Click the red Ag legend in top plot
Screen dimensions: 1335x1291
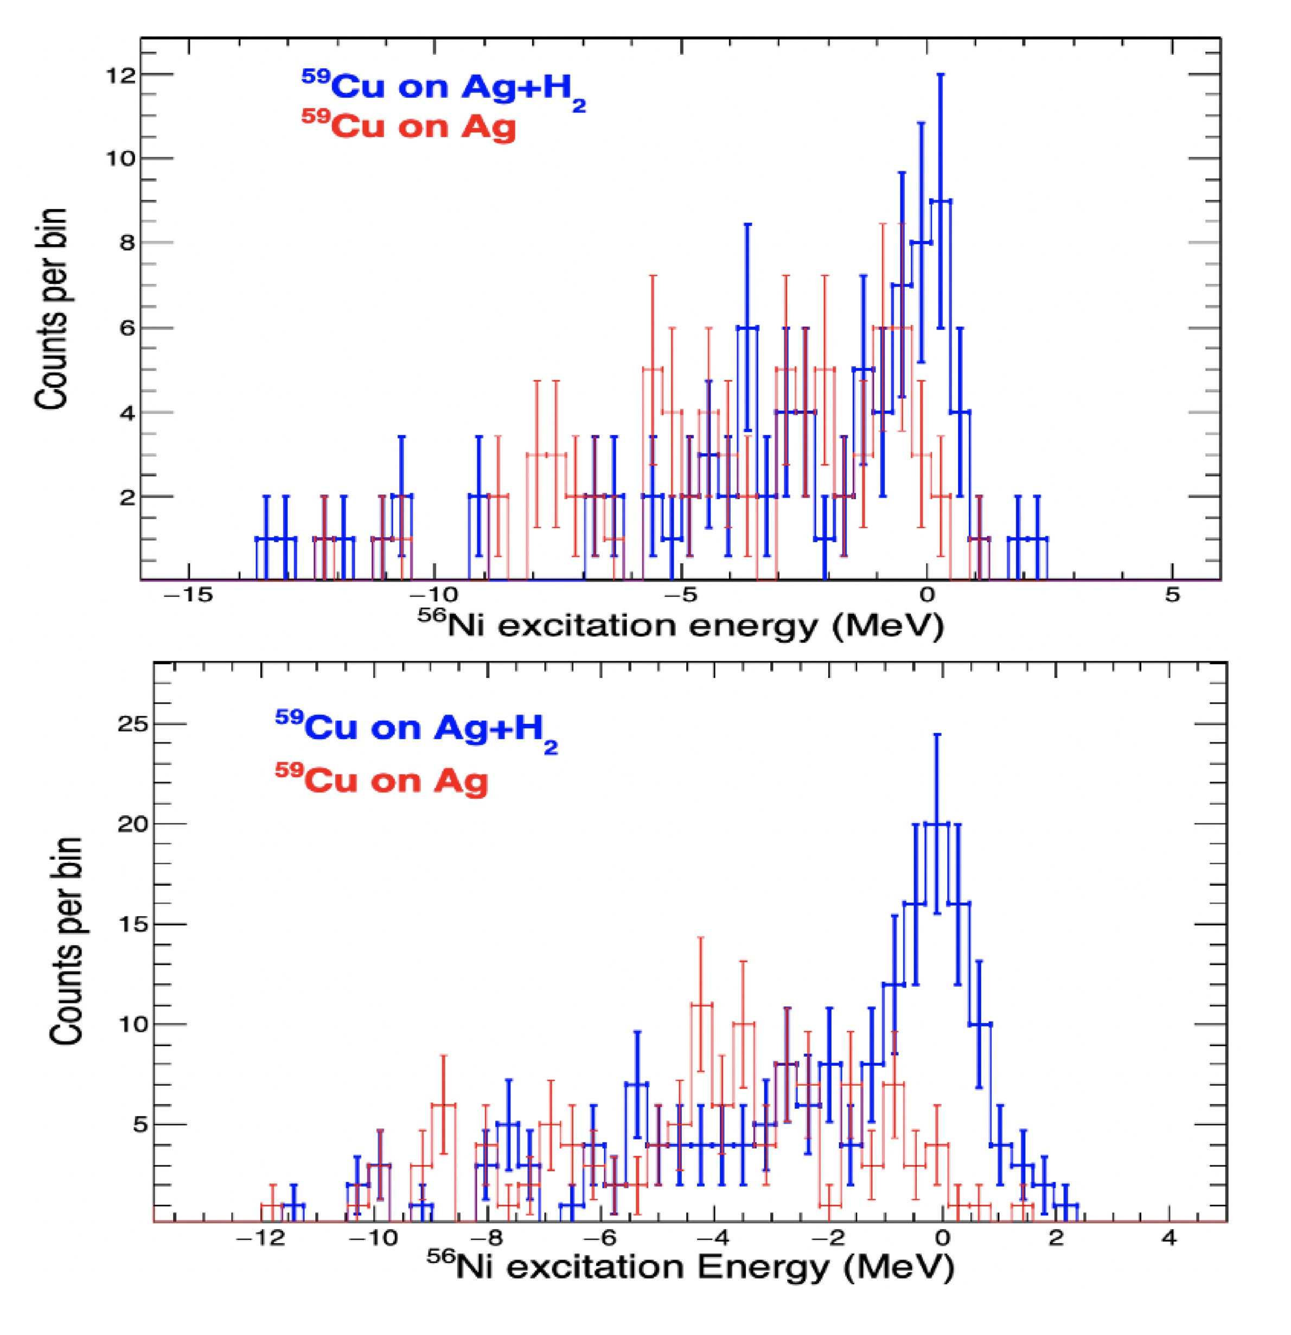408,125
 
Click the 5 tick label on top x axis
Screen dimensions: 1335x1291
1171,595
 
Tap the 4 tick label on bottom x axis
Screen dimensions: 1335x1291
1168,1238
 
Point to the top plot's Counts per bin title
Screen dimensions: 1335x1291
52,310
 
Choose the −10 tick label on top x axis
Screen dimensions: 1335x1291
434,595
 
